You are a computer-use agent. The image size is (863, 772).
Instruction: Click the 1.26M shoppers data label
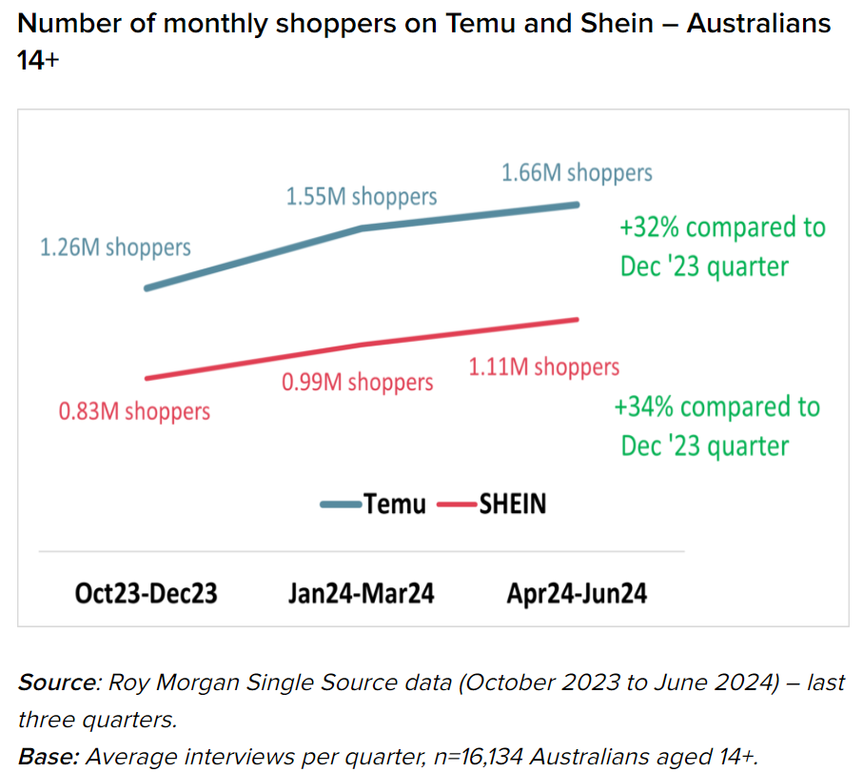coord(115,247)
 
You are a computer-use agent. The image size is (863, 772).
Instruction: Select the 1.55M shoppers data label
coord(362,196)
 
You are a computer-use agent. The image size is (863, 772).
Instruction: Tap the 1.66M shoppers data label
coord(577,172)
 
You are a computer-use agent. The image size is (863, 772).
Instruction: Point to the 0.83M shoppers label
coord(134,411)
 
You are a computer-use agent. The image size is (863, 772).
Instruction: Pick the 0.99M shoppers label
coord(357,382)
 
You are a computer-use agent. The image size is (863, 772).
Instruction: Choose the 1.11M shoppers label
coord(543,366)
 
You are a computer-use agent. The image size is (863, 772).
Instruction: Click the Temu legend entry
coord(374,504)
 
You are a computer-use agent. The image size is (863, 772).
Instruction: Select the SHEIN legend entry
coord(492,504)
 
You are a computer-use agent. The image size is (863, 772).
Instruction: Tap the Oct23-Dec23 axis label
coord(147,593)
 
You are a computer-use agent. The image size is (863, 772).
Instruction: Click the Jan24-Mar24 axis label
coord(362,593)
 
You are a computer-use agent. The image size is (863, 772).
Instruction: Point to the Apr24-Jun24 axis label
coord(577,593)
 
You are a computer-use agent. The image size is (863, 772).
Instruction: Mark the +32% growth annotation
coord(721,247)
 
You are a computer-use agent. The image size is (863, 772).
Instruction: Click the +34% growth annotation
coord(716,426)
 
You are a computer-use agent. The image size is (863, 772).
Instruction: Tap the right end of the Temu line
coord(577,204)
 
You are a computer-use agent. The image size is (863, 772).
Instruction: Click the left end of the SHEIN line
coord(147,379)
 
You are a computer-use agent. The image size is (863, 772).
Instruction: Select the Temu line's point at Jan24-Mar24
coord(362,228)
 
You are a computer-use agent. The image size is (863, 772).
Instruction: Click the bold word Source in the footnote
coord(53,683)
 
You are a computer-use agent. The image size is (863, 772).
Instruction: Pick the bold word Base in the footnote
coord(49,757)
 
